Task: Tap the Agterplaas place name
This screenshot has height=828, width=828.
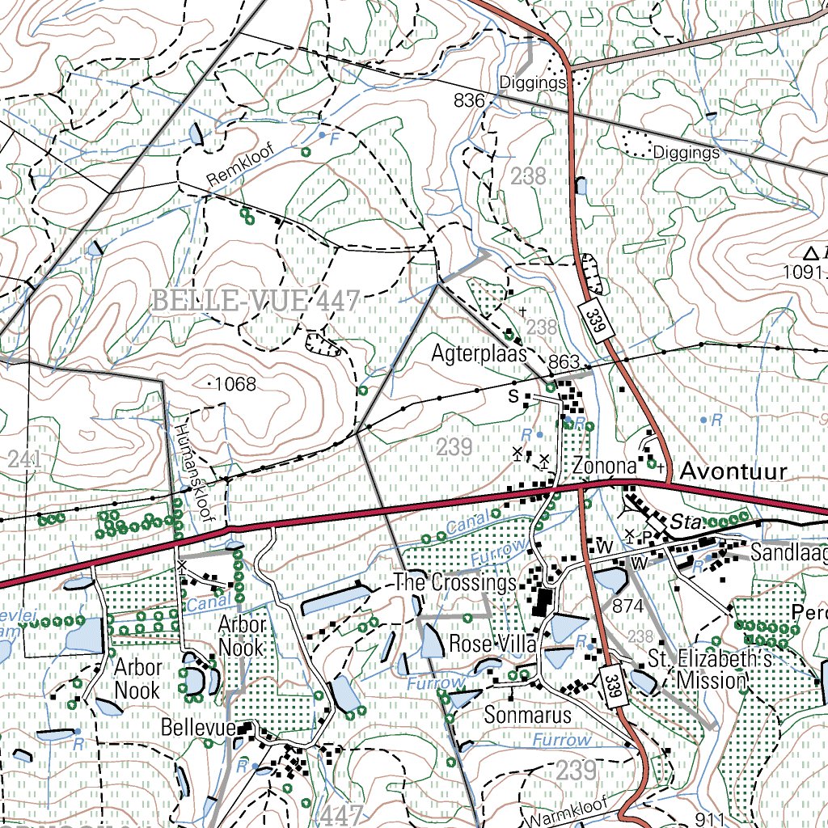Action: (x=479, y=353)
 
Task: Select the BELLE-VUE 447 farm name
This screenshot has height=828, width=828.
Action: (x=256, y=302)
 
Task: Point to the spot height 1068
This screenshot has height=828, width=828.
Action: (x=234, y=384)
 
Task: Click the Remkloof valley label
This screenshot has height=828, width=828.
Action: (x=241, y=167)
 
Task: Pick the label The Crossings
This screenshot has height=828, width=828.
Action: (x=454, y=582)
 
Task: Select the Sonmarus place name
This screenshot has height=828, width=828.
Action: (x=527, y=715)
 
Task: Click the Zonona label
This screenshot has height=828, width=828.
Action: (x=605, y=467)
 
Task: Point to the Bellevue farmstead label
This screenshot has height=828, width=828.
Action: (x=197, y=727)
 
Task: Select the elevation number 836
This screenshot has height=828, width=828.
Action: (x=469, y=101)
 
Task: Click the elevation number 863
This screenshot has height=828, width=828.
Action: (x=564, y=361)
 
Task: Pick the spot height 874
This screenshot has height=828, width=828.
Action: (x=627, y=606)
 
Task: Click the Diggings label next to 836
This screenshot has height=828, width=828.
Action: (x=531, y=82)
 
